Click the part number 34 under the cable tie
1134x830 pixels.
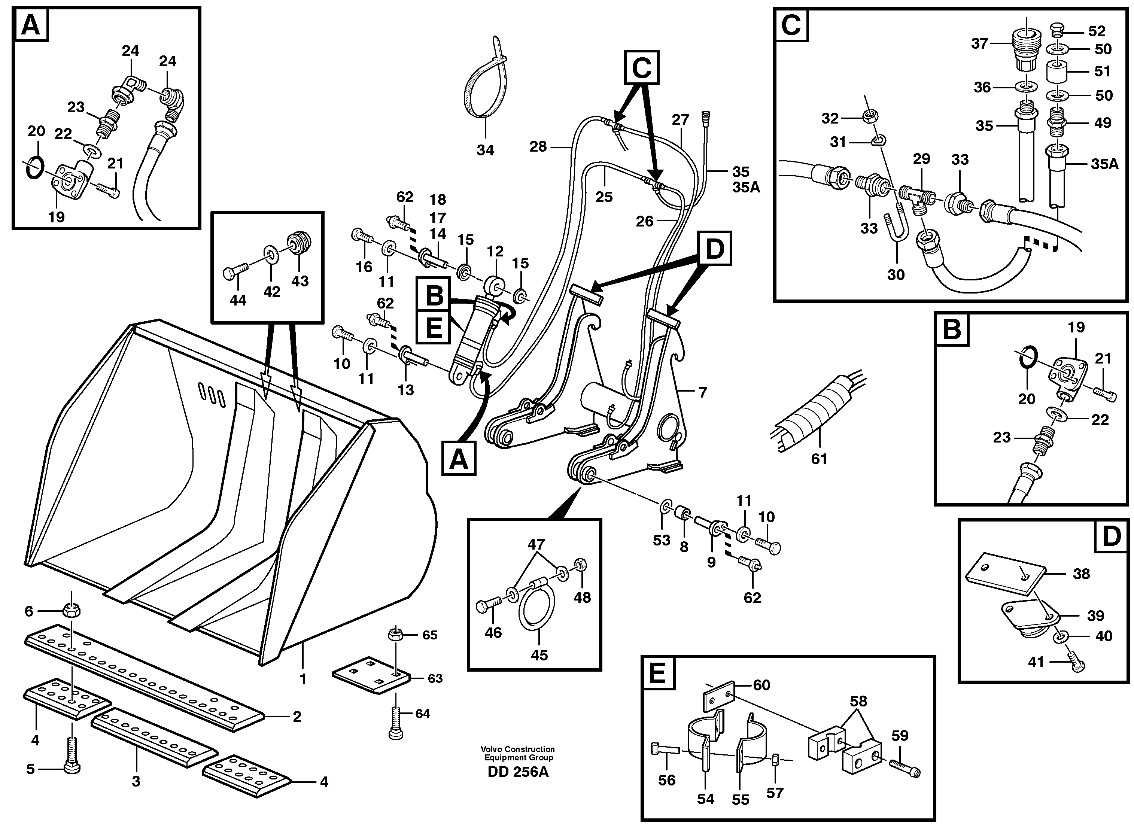[x=485, y=150]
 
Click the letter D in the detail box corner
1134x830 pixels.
[x=1111, y=536]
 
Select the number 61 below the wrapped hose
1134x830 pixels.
[x=819, y=459]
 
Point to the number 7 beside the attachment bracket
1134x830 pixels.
[x=703, y=392]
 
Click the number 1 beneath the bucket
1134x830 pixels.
[x=303, y=679]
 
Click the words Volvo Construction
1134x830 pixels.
[x=517, y=749]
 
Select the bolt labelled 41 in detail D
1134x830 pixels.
[x=1076, y=662]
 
